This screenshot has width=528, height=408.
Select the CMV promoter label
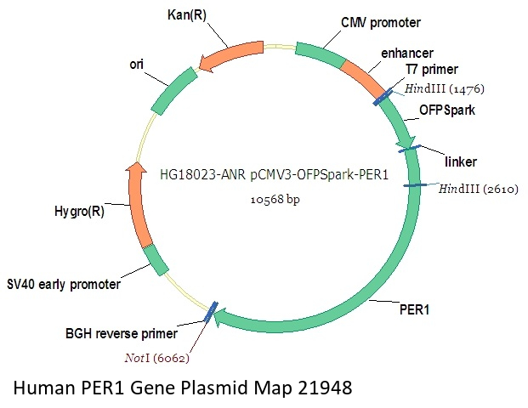click(381, 21)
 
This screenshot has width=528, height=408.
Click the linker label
click(462, 161)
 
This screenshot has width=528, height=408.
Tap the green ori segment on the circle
click(174, 90)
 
